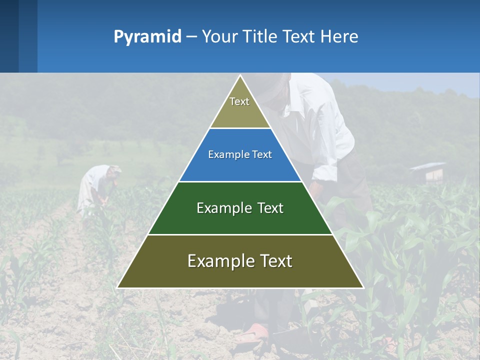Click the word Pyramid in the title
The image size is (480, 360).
click(147, 37)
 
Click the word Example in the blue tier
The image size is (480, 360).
click(223, 154)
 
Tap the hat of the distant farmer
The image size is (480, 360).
click(115, 169)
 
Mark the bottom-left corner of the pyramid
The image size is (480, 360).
click(118, 287)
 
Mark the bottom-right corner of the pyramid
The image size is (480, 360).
click(363, 287)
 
